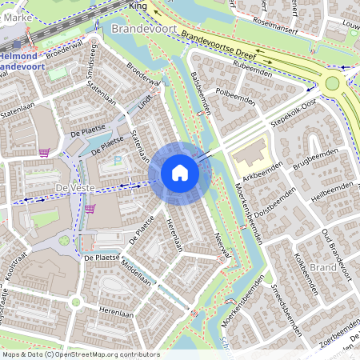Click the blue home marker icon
tap(180, 173)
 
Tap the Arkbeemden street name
tap(264, 171)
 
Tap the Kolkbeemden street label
tap(307, 272)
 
